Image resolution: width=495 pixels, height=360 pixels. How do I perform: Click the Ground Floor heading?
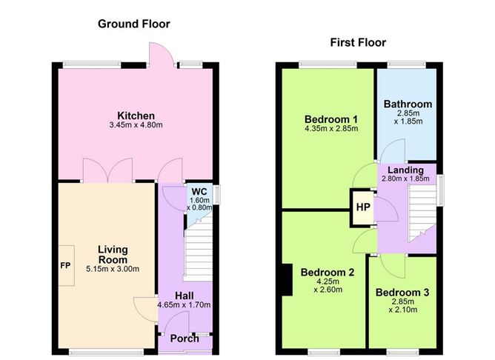pos(134,24)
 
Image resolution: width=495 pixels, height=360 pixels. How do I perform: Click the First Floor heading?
pos(358,43)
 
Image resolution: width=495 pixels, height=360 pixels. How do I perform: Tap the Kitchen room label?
pos(136,116)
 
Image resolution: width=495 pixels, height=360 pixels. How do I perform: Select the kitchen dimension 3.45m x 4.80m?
pos(136,125)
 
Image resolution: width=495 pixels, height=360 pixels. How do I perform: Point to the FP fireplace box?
pos(66,266)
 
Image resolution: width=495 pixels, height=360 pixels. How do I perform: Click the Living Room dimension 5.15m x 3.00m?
pos(113,269)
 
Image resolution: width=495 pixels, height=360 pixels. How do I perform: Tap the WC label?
pos(199,192)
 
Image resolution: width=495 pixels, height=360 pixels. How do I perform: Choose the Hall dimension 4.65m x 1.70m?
pos(184,305)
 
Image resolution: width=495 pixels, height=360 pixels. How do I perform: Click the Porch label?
pos(185,339)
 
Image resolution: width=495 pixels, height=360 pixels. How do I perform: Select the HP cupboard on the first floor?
pos(363,207)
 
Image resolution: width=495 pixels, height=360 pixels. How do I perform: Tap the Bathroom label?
pos(408,104)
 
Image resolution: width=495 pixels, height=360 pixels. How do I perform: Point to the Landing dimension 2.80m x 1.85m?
pos(405,179)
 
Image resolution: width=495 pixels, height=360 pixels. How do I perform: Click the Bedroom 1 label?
pos(331,119)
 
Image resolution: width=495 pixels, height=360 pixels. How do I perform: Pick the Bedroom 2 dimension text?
pos(328,285)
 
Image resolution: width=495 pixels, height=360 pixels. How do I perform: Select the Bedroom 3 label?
pos(402,293)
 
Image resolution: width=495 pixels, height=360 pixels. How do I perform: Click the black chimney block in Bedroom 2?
pos(287,280)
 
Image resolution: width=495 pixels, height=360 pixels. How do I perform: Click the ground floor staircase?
pos(199,249)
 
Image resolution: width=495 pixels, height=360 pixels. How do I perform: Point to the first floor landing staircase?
pos(422,213)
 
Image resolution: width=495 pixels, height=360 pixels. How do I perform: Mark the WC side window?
pos(216,194)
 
